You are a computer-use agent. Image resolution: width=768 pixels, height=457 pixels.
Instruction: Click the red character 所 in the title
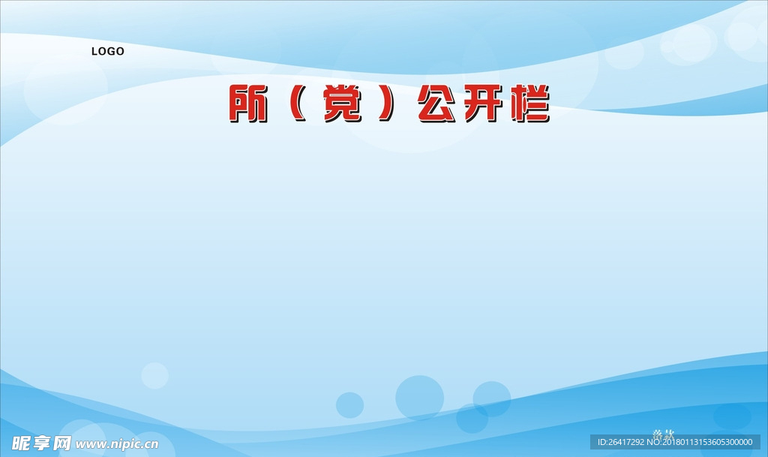click(x=247, y=104)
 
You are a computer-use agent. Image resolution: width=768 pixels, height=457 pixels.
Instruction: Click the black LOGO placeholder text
click(x=108, y=52)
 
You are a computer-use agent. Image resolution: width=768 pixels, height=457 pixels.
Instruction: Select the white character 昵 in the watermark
click(x=15, y=442)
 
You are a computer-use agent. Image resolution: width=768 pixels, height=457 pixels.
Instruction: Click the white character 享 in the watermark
click(x=38, y=442)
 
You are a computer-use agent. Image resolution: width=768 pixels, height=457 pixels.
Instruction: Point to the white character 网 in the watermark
click(x=61, y=442)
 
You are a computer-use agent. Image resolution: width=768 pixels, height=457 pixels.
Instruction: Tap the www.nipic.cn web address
click(x=117, y=443)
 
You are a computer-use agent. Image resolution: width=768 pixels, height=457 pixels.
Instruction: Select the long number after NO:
click(x=708, y=443)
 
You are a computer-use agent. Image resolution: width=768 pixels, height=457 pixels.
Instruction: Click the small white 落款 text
click(x=663, y=433)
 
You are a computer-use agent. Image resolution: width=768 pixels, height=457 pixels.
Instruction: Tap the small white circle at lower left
click(x=154, y=375)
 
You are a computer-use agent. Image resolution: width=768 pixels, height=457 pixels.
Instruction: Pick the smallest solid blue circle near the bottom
click(x=349, y=404)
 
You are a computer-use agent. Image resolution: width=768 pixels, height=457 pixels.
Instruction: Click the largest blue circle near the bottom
click(x=419, y=397)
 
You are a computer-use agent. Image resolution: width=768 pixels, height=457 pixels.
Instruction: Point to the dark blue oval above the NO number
click(x=731, y=416)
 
